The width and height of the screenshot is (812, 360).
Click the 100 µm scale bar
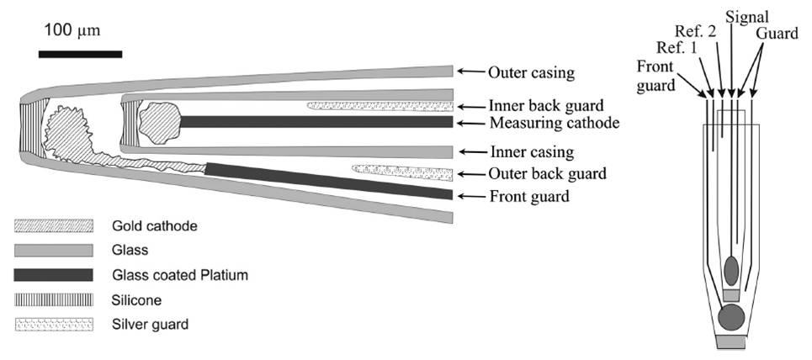pyautogui.click(x=80, y=55)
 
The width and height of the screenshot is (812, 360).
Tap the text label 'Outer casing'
pyautogui.click(x=531, y=73)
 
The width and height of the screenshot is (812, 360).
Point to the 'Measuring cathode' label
pyautogui.click(x=554, y=124)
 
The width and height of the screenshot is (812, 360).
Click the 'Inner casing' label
pyautogui.click(x=531, y=152)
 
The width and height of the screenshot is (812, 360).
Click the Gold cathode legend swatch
pyautogui.click(x=53, y=226)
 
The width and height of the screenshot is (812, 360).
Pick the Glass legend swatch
pyautogui.click(x=53, y=251)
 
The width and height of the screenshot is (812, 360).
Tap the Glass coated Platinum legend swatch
pyautogui.click(x=53, y=275)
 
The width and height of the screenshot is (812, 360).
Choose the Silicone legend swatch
pyautogui.click(x=53, y=299)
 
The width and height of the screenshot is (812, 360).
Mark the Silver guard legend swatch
pyautogui.click(x=53, y=324)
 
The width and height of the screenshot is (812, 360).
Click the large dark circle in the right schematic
pyautogui.click(x=731, y=318)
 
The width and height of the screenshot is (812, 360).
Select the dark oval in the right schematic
pyautogui.click(x=732, y=270)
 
